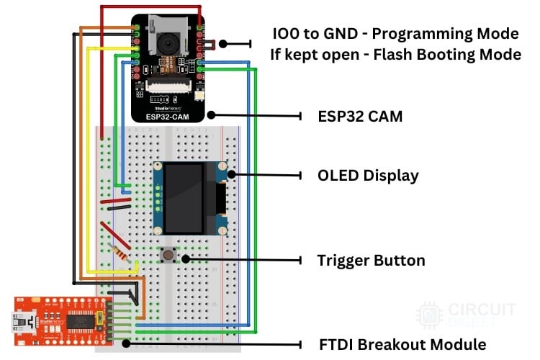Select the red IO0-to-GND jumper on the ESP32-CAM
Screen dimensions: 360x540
[209, 45]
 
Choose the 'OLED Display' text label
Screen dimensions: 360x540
[368, 175]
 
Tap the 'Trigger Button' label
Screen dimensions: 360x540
[371, 260]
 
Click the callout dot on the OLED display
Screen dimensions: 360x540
[232, 174]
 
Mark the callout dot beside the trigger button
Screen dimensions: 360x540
[186, 258]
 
